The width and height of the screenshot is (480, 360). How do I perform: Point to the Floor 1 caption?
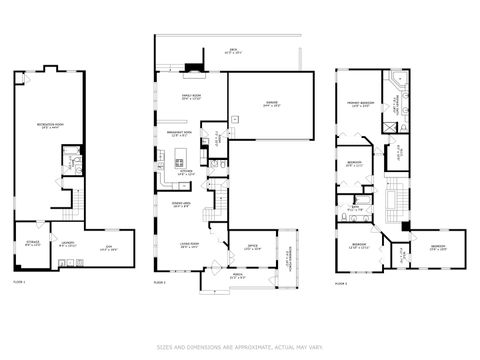click(19, 284)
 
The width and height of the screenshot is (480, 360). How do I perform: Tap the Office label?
click(251, 248)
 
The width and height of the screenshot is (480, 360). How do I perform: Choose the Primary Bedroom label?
click(358, 103)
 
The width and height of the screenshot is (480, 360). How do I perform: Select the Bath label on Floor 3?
click(353, 209)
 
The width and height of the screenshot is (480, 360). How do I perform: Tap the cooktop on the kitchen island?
click(180, 159)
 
